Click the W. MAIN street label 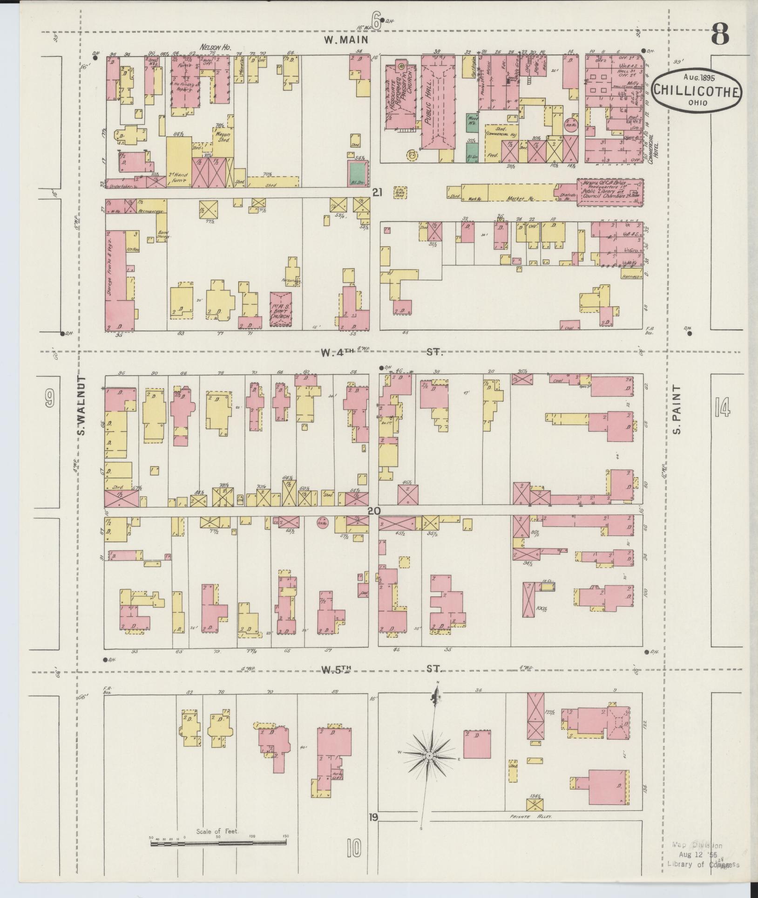(x=346, y=41)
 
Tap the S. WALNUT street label (x=82, y=405)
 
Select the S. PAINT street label (x=677, y=409)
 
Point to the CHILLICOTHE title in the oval (x=697, y=90)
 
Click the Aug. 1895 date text (x=698, y=77)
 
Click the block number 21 (x=377, y=192)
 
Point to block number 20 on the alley (x=374, y=511)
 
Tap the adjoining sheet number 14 (x=722, y=409)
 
